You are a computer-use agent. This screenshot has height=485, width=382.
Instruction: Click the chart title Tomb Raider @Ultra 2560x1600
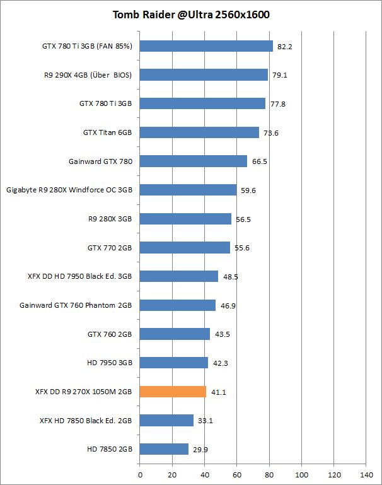pos(191,15)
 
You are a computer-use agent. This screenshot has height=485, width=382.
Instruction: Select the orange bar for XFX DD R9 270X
pos(173,392)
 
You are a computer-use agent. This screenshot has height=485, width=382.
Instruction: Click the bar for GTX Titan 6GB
pos(199,132)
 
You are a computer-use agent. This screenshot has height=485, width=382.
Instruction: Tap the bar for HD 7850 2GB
pos(164,449)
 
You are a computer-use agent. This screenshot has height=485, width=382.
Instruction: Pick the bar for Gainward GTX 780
pos(193,161)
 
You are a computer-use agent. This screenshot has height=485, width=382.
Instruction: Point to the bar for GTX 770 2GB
pos(185,248)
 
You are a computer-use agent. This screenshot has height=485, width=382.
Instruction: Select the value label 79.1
pos(279,76)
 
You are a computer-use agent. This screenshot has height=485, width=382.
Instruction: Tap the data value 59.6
pos(248,190)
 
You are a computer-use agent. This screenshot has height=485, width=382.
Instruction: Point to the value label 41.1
pos(218,392)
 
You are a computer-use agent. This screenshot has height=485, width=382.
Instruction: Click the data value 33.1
pos(205,421)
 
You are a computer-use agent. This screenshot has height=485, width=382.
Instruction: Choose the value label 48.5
pos(230,277)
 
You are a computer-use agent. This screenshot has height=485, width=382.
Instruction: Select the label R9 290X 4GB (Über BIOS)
pos(86,75)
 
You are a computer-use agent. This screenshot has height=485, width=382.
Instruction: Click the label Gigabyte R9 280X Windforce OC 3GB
pos(69,190)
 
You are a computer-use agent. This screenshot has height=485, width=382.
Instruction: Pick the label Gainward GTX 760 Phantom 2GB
pos(76,305)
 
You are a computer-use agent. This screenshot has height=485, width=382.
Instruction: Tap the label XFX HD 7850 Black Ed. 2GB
pos(86,420)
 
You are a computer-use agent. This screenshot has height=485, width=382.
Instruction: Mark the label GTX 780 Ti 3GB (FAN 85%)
pos(87,46)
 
